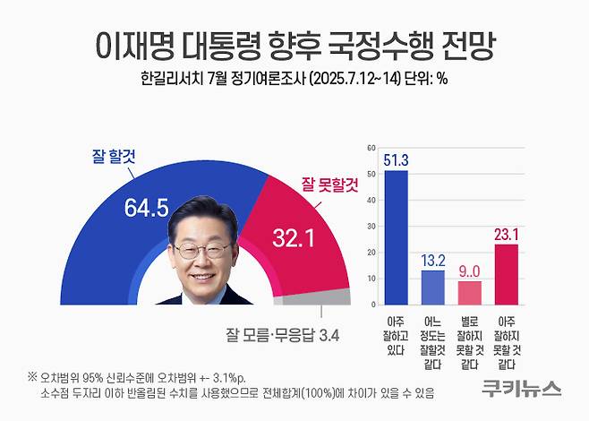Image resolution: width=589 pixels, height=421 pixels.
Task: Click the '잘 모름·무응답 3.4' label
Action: point(283,337)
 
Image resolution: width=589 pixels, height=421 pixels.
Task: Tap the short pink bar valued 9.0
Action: point(470,293)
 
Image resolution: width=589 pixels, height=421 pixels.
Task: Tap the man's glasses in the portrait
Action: point(202,251)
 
